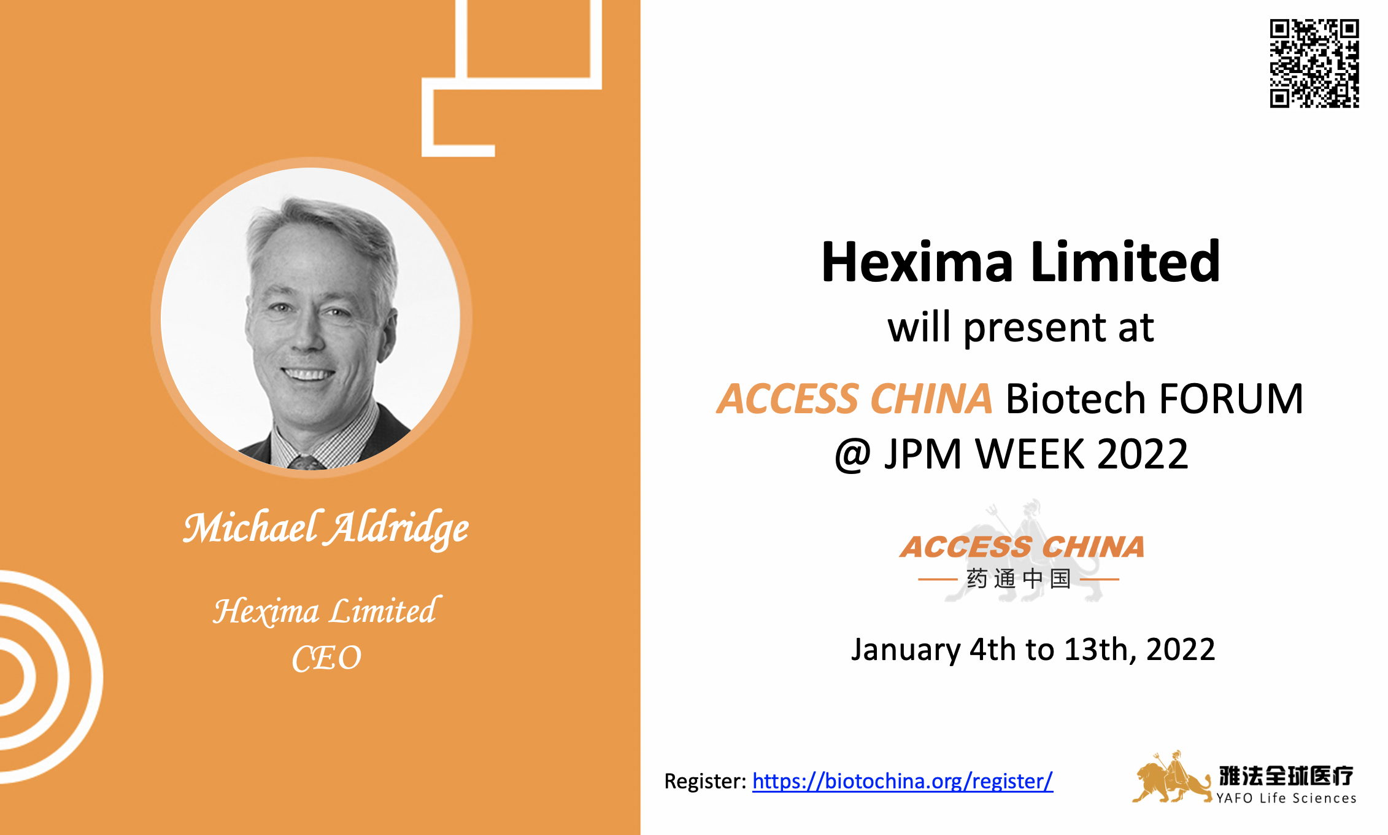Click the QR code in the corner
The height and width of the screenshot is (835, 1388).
(1314, 63)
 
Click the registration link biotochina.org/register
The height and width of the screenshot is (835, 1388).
(902, 781)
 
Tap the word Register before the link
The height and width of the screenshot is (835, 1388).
(704, 782)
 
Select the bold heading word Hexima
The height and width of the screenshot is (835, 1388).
(917, 262)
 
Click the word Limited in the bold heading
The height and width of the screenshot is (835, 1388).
(1125, 262)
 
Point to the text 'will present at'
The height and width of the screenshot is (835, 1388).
(1020, 327)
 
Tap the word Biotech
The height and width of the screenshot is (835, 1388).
(1075, 399)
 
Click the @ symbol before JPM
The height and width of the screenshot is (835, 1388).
(852, 455)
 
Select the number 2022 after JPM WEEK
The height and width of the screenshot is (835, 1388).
(1142, 454)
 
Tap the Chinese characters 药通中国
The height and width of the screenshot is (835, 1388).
(1019, 578)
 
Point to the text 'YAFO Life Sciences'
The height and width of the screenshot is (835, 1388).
(1286, 798)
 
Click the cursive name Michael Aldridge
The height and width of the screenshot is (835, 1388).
(326, 527)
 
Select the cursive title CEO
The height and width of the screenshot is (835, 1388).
(326, 659)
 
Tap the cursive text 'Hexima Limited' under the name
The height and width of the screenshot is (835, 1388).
(326, 611)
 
